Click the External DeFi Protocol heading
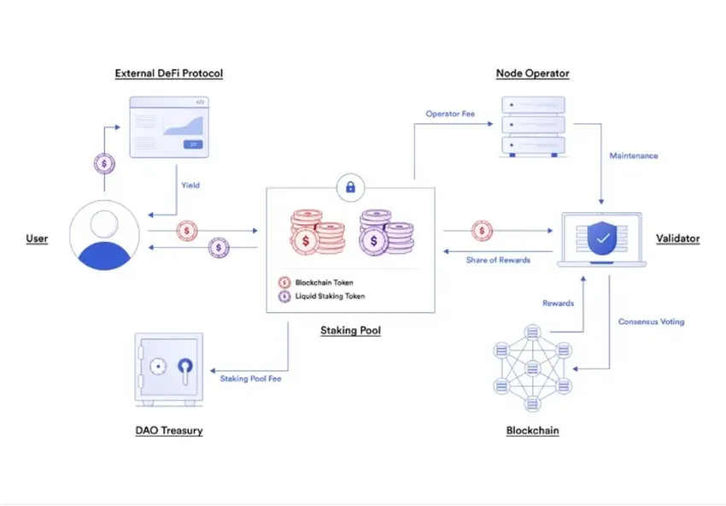point(169,74)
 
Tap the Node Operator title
point(532,74)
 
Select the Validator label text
point(677,238)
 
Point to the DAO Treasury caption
point(169,430)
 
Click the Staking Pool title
point(350,330)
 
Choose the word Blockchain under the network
point(532,430)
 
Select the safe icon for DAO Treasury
point(169,368)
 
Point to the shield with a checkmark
point(603,238)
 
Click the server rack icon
point(532,126)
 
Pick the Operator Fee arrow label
point(450,114)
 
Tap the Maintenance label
point(633,156)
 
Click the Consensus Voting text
point(651,321)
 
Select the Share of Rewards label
point(498,260)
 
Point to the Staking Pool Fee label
point(250,378)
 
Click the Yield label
point(190,185)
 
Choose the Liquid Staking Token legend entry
point(330,297)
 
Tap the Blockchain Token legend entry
point(324,282)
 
